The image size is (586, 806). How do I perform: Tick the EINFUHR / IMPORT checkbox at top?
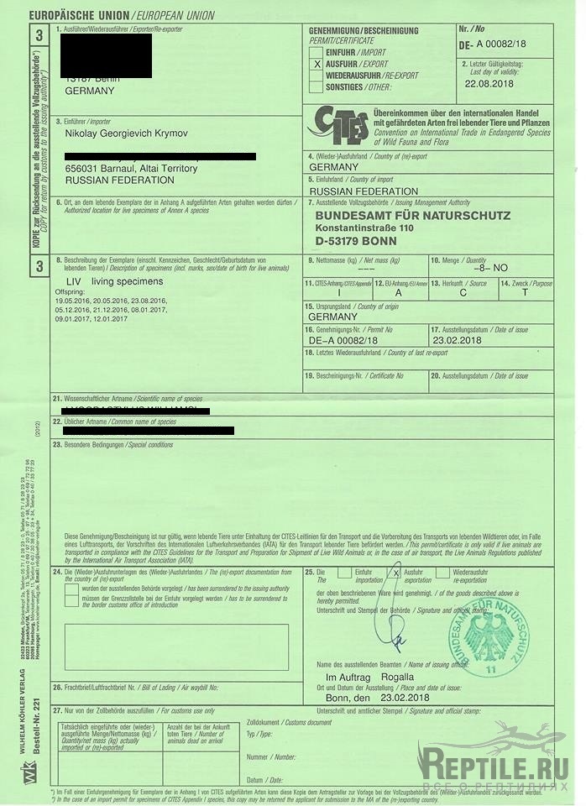(x=317, y=52)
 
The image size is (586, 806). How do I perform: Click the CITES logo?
(x=337, y=126)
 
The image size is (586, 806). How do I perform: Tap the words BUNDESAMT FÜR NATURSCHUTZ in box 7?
(x=412, y=216)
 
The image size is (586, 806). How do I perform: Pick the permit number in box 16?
(x=343, y=341)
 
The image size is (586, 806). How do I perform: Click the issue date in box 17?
(x=457, y=341)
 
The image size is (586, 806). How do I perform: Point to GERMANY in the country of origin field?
(x=333, y=317)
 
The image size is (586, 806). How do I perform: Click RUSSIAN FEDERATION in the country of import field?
(x=363, y=191)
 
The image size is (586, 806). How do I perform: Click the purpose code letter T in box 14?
(x=525, y=294)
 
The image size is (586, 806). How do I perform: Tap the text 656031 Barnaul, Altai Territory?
(x=131, y=169)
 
